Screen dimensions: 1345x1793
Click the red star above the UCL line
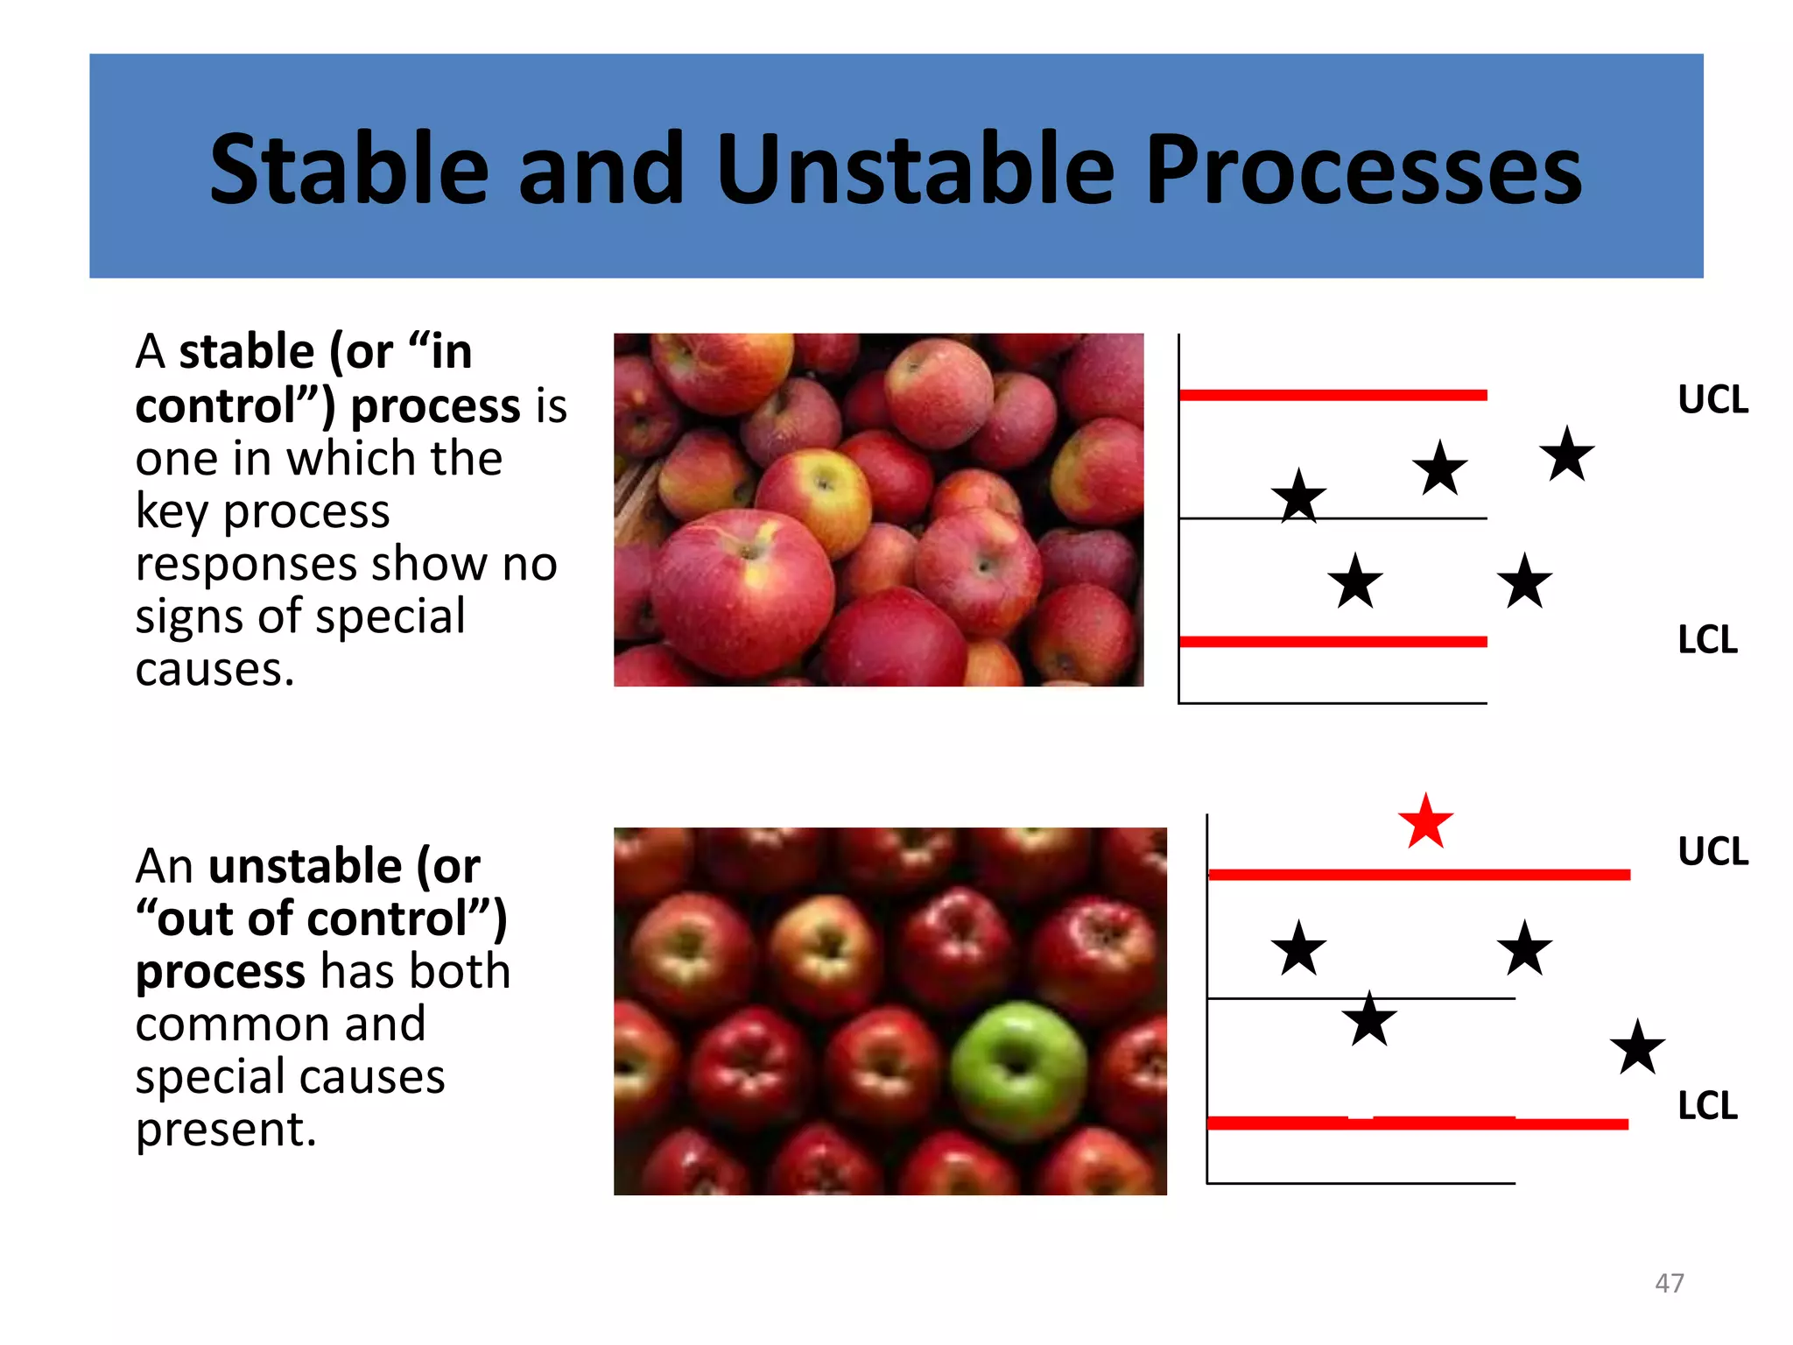coord(1425,823)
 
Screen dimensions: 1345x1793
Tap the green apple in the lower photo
coord(1018,1070)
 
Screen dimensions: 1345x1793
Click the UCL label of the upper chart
coord(1712,400)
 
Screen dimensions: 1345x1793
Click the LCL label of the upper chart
coord(1707,640)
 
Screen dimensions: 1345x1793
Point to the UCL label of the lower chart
coord(1712,852)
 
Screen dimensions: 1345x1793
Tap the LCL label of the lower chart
coord(1707,1106)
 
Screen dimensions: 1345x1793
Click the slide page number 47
coord(1669,1283)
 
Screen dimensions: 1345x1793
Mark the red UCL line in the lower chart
coord(1418,874)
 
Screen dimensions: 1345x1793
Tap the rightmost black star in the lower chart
coord(1637,1048)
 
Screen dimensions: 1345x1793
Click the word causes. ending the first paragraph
coord(214,670)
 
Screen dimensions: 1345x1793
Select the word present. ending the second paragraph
coord(226,1130)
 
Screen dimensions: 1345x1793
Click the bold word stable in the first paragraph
coord(246,352)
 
